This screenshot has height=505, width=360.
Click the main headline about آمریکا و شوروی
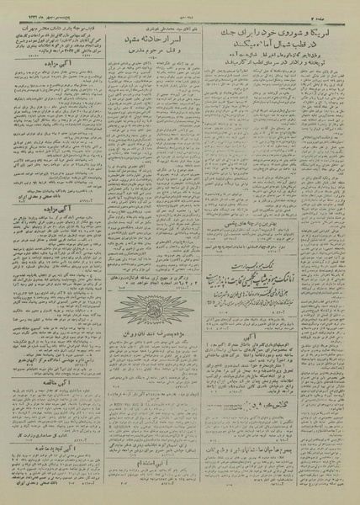coord(284,28)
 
